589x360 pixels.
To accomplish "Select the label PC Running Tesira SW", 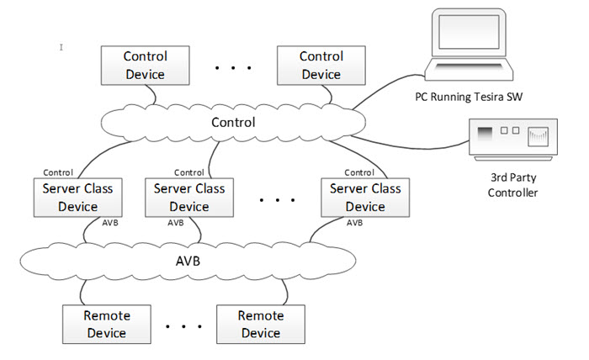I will (x=469, y=97).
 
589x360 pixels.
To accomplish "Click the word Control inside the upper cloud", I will (x=233, y=123).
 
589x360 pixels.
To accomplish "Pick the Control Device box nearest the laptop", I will (x=321, y=65).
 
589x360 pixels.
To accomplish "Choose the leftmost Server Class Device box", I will (x=77, y=197).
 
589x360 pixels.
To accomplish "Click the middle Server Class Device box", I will (x=189, y=197).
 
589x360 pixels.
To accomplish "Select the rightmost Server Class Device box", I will (x=365, y=197).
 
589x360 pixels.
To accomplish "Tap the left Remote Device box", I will (x=106, y=324).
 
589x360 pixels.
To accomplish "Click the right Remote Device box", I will (x=260, y=324).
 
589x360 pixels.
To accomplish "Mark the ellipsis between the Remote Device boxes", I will (x=183, y=326).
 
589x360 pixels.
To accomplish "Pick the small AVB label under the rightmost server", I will (x=354, y=223).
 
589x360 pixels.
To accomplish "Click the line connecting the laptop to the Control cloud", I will (x=387, y=90).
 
